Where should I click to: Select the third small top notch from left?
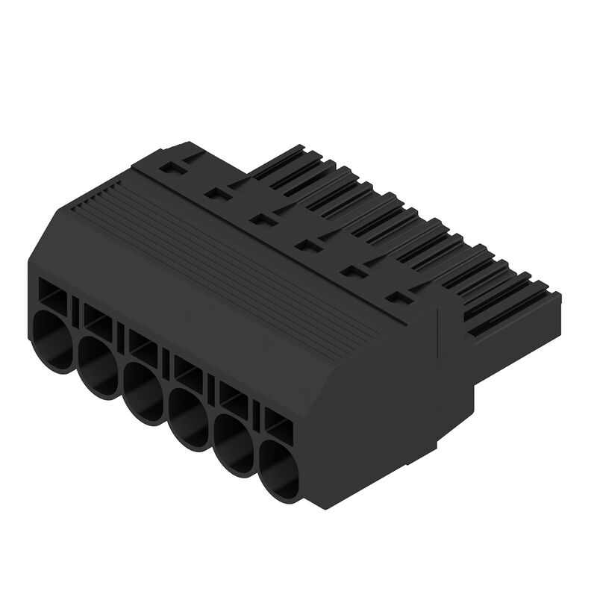point(263,219)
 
